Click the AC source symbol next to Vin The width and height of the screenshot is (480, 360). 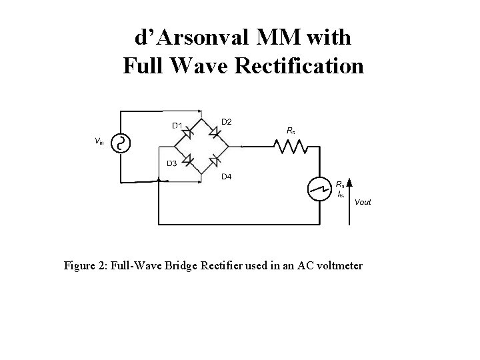pyautogui.click(x=121, y=143)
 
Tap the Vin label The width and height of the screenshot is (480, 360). pyautogui.click(x=99, y=141)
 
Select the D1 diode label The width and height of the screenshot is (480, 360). pyautogui.click(x=178, y=125)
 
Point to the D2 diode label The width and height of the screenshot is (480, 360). pyautogui.click(x=227, y=121)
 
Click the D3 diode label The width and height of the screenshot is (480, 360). pyautogui.click(x=171, y=164)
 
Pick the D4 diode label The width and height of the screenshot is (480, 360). pyautogui.click(x=227, y=177)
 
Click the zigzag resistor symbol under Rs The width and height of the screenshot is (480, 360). pyautogui.click(x=291, y=145)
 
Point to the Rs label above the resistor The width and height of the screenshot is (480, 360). pyautogui.click(x=291, y=131)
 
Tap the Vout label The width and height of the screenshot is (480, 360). pyautogui.click(x=363, y=201)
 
